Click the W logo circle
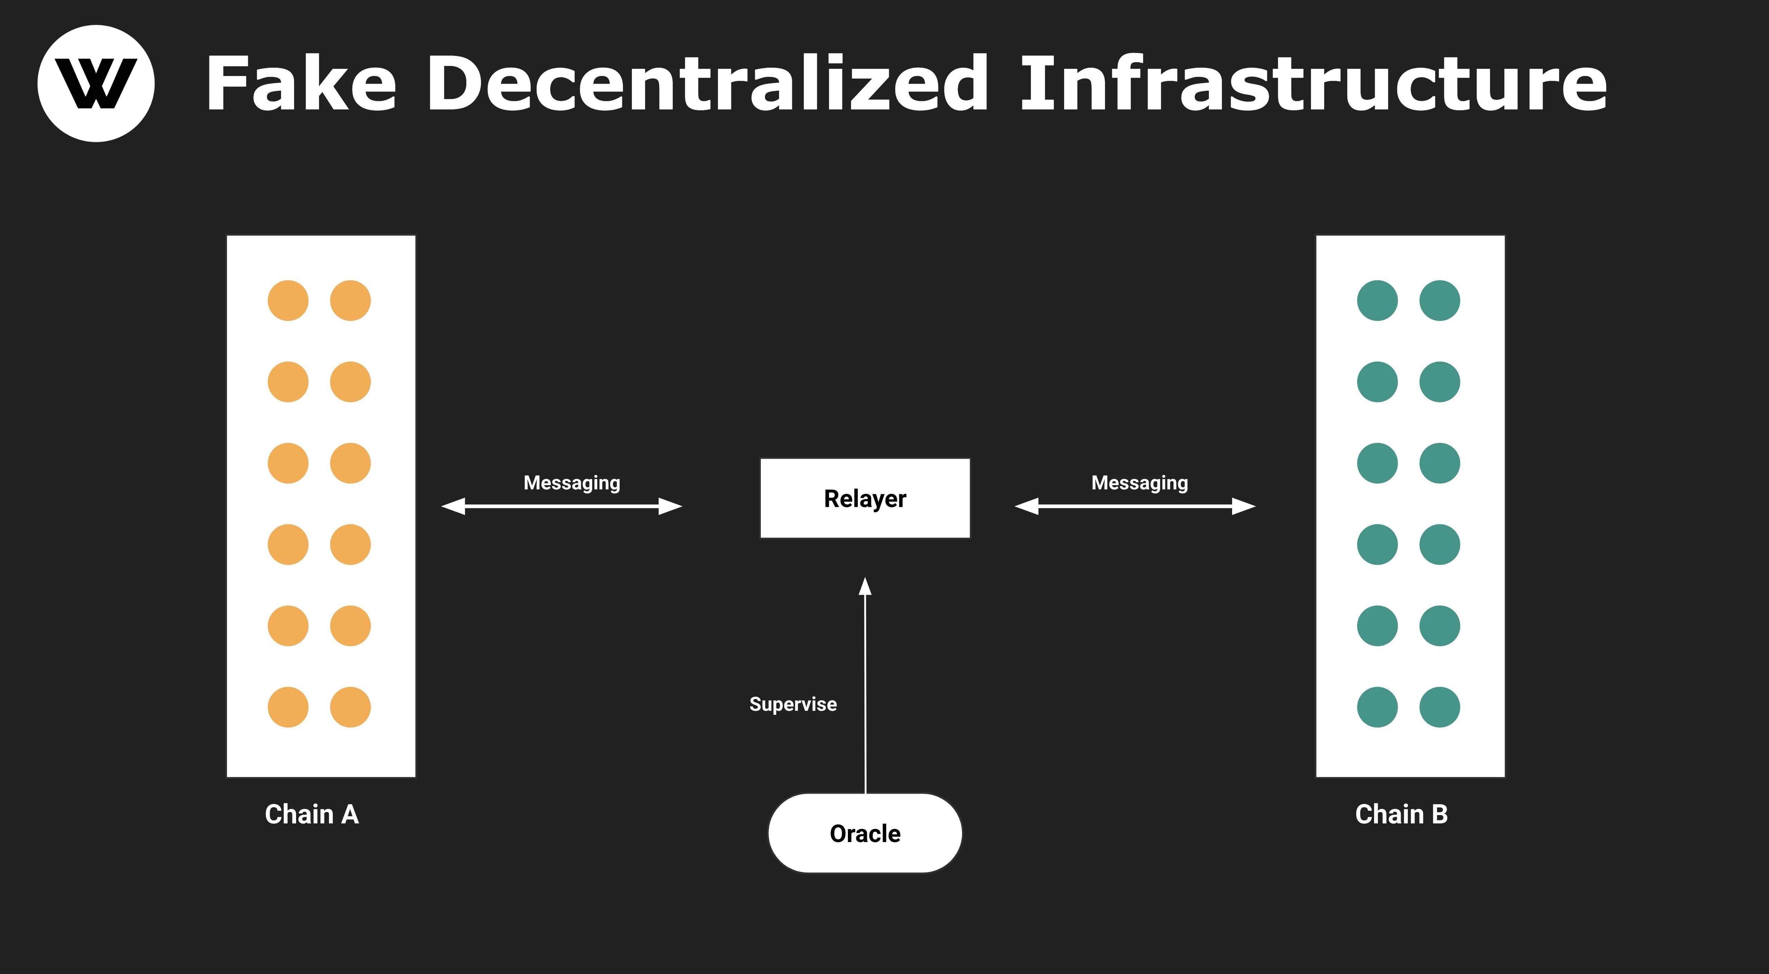coord(96,84)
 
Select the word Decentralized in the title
coord(707,84)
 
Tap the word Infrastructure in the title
coord(1313,84)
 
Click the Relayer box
coord(864,498)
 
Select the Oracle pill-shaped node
coord(864,833)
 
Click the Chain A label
coord(312,814)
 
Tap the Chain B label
coord(1401,814)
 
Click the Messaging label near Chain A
coord(571,483)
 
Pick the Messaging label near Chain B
coord(1139,483)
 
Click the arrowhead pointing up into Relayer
coord(865,587)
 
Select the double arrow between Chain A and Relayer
coord(562,507)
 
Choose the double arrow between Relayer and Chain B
coord(1135,507)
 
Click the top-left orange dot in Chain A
coord(288,300)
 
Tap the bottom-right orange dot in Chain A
coord(350,707)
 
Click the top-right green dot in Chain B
coord(1439,300)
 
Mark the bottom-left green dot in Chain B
coord(1377,707)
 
